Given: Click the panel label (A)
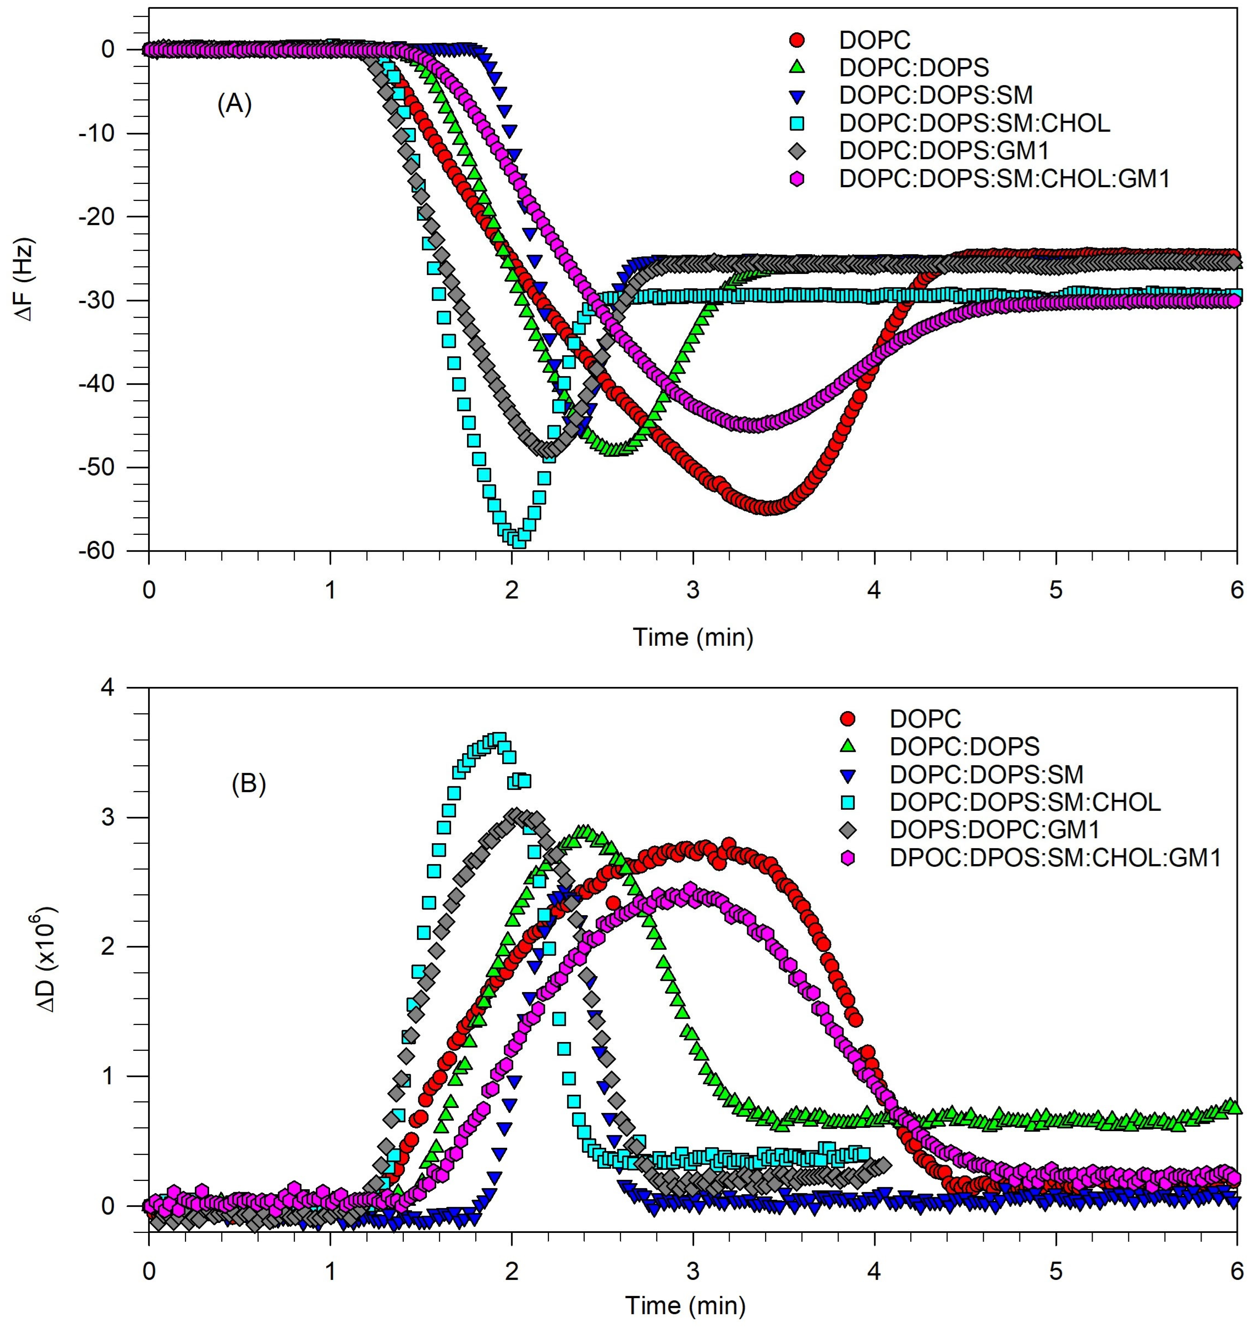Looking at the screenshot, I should tap(234, 105).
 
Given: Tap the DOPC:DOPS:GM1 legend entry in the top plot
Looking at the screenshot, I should tap(943, 150).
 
